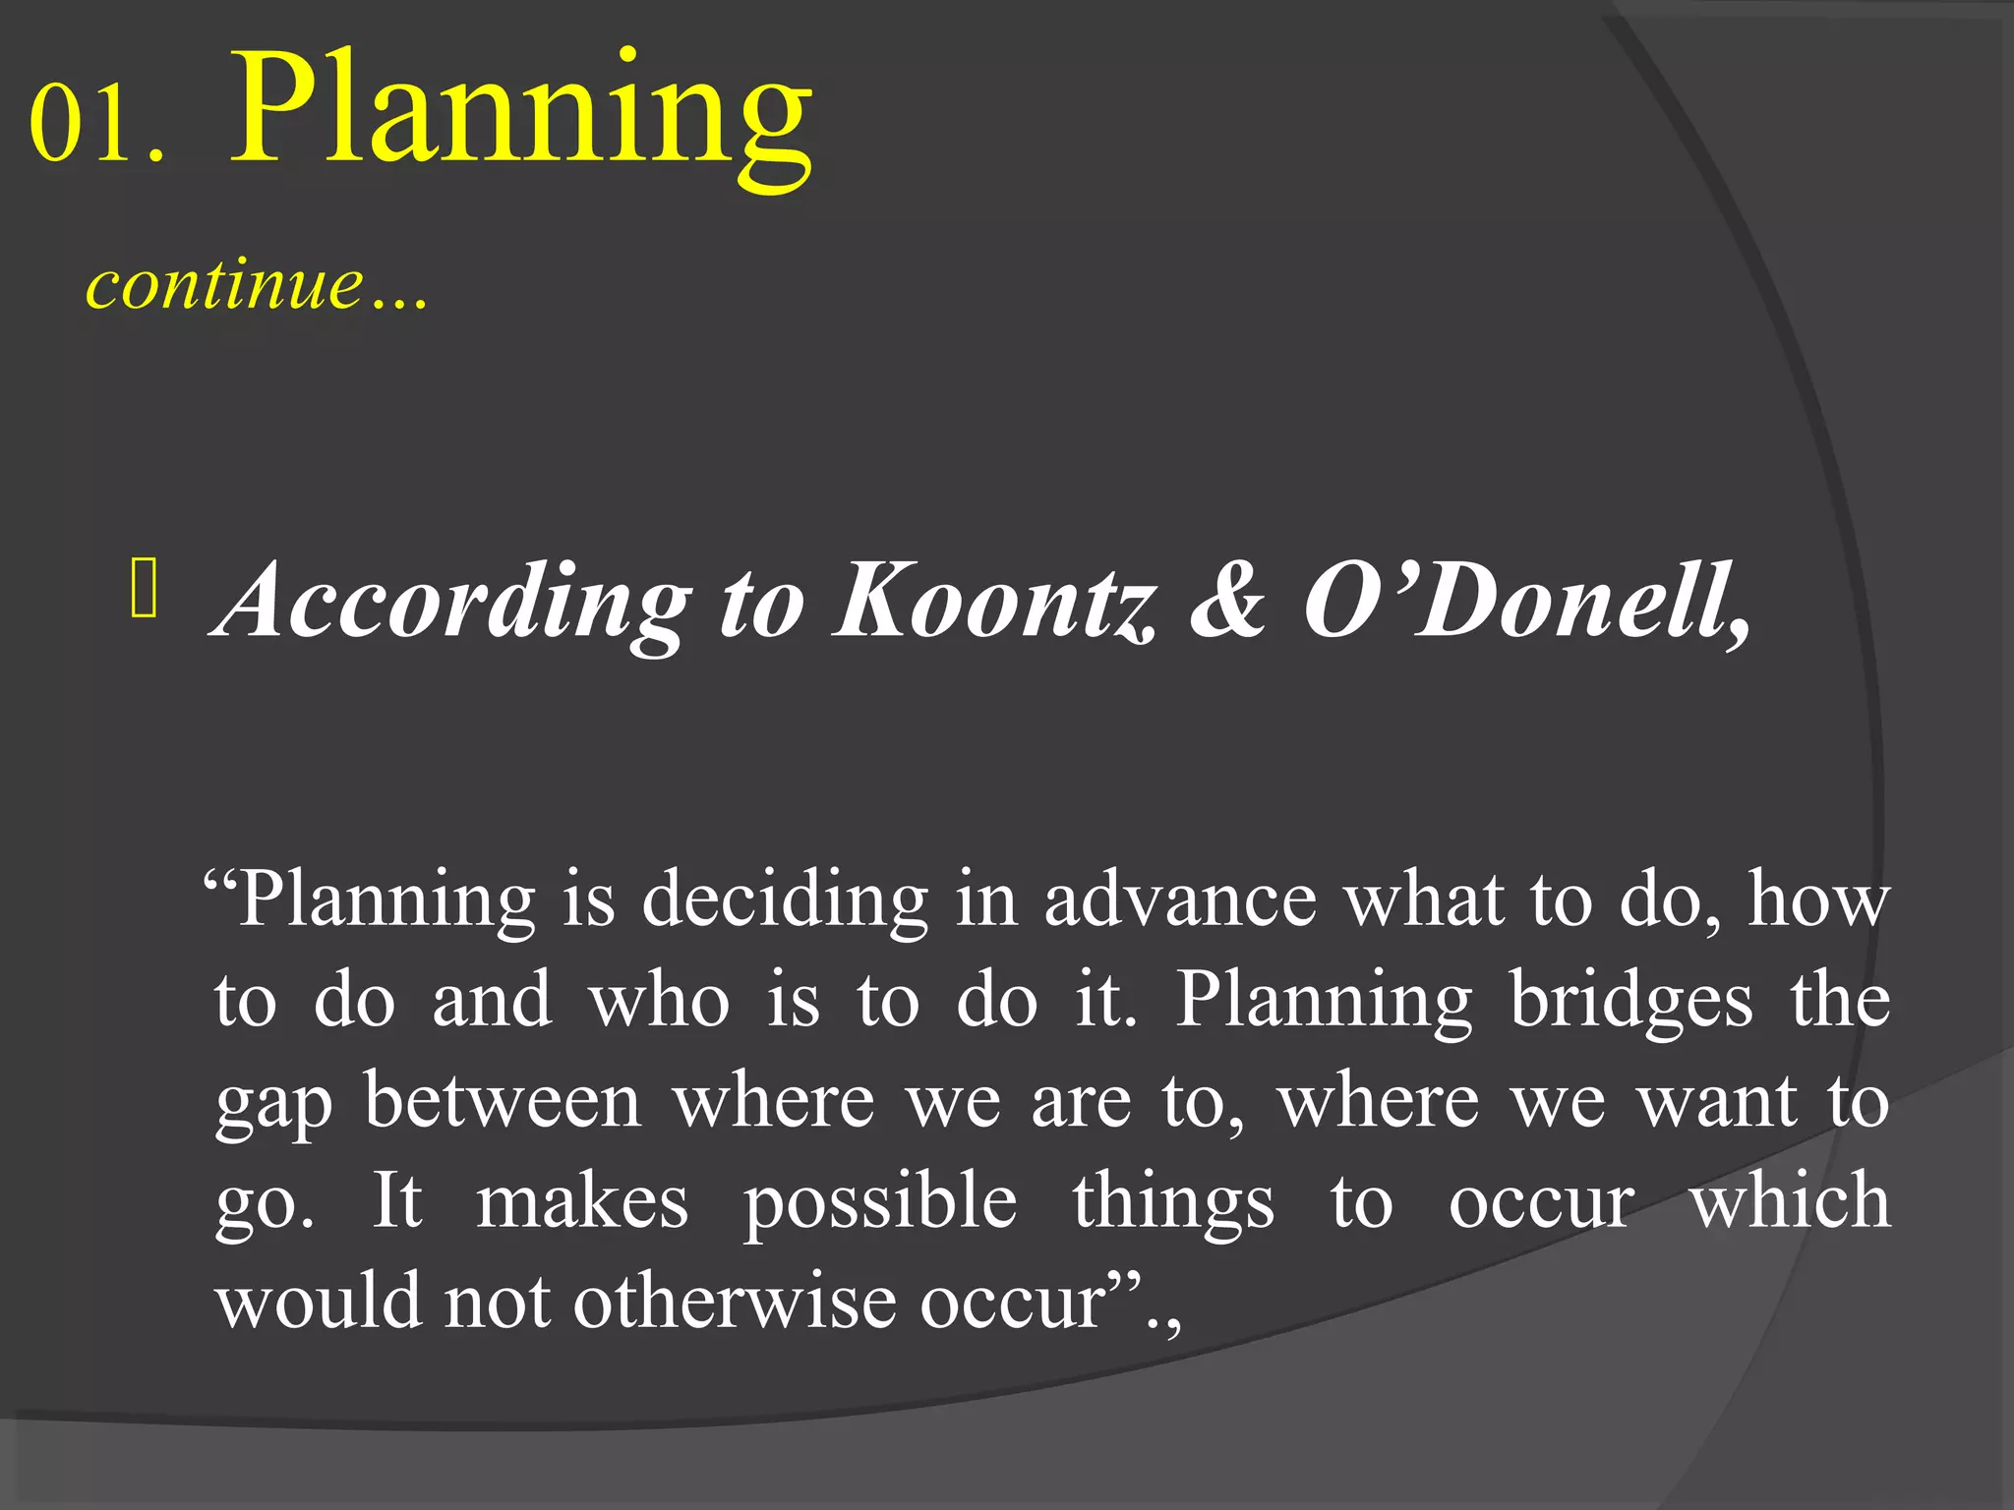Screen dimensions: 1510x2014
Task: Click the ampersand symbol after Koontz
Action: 1226,600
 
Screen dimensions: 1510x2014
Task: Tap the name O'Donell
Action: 1524,600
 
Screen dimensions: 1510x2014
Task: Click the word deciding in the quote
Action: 785,900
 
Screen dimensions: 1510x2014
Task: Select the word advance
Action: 1179,900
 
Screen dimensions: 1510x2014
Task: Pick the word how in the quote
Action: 1818,900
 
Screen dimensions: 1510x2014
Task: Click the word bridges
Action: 1630,1001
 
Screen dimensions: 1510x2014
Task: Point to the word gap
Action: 273,1105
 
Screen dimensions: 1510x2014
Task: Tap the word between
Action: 503,1101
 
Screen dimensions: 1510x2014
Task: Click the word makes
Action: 582,1201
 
